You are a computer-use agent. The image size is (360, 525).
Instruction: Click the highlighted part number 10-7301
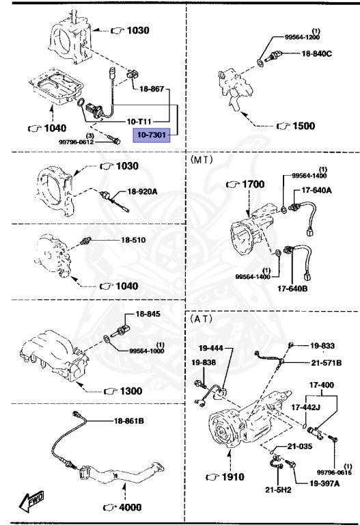pos(150,135)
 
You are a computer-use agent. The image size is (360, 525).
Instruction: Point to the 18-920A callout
pos(141,191)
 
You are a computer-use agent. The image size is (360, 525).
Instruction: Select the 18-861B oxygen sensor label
pos(128,422)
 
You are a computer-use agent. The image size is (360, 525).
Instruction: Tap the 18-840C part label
pos(316,53)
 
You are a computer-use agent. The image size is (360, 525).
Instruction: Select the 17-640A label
pos(316,190)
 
